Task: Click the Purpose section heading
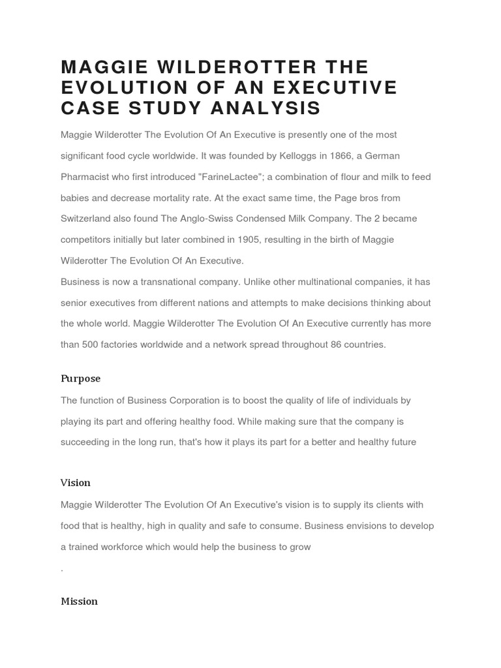(81, 379)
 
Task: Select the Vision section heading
(76, 483)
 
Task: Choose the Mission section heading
(79, 601)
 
